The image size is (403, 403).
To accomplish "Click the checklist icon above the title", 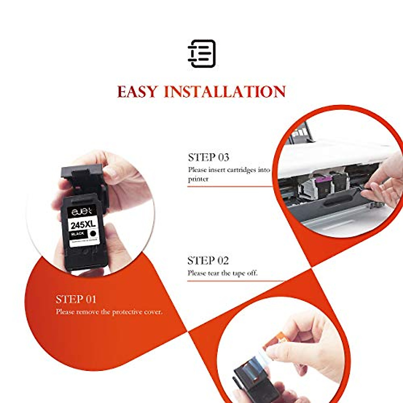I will (x=201, y=53).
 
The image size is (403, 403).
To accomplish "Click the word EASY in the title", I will (x=137, y=92).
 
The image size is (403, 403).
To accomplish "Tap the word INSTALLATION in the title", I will (x=225, y=92).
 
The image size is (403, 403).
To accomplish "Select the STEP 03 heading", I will (x=209, y=157).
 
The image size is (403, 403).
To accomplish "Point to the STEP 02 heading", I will (x=208, y=260).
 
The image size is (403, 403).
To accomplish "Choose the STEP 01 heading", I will (x=76, y=299).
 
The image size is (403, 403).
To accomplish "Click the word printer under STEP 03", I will (x=198, y=179).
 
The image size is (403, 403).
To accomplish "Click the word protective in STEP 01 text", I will (x=127, y=312).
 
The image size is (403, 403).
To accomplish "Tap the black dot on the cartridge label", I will (x=93, y=233).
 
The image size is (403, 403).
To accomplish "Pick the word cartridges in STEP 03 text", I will (x=241, y=170).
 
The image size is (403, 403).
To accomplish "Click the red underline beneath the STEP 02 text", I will (x=235, y=281).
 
